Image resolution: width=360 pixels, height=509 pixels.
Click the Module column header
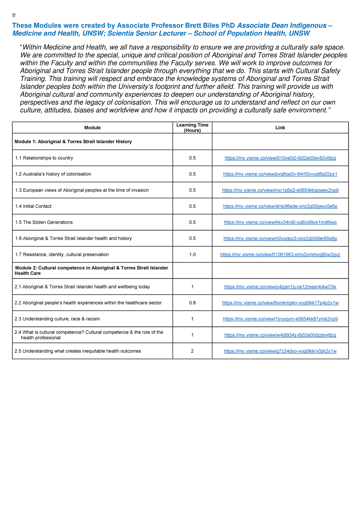(x=92, y=128)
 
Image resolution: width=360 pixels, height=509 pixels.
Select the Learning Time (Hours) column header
(x=192, y=127)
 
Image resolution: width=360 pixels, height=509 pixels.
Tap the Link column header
(x=280, y=128)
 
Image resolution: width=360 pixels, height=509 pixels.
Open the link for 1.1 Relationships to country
(x=280, y=158)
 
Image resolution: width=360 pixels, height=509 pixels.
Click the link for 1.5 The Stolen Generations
(x=280, y=222)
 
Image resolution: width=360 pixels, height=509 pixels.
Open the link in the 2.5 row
(x=280, y=351)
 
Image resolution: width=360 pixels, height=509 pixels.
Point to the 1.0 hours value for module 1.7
(x=192, y=255)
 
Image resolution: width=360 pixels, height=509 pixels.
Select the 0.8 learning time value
(x=192, y=303)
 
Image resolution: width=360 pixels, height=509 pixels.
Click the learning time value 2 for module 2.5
(x=192, y=351)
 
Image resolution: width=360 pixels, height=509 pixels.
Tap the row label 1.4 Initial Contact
(x=33, y=206)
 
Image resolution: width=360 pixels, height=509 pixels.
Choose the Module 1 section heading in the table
(x=73, y=142)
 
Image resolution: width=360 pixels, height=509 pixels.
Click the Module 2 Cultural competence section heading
(x=91, y=271)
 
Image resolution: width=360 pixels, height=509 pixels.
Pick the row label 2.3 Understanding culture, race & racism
(x=57, y=319)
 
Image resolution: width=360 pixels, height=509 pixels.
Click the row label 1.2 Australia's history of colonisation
(x=53, y=174)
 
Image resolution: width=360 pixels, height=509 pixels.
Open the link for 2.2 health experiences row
(x=280, y=303)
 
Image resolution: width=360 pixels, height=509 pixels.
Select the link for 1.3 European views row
(x=280, y=190)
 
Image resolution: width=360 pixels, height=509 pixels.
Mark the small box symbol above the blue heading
(x=14, y=15)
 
